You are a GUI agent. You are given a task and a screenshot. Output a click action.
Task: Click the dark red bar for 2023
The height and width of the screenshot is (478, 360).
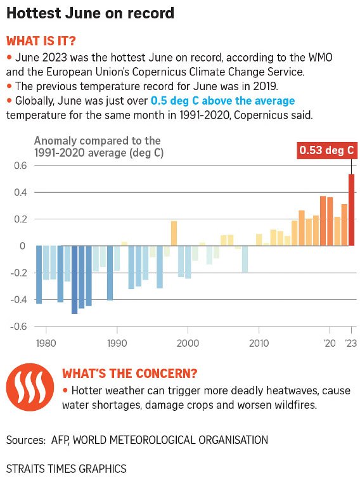point(351,210)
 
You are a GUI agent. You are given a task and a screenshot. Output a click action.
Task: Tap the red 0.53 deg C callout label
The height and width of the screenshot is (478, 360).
point(326,150)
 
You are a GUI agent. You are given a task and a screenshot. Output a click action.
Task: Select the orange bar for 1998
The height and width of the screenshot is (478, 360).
point(174,233)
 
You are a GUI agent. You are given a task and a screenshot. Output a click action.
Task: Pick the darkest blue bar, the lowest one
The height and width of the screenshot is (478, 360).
point(74,280)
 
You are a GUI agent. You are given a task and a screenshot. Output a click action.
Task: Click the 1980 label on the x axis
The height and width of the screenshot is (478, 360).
point(46,343)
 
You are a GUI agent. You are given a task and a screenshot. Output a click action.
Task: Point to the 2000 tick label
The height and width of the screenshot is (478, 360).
point(188,343)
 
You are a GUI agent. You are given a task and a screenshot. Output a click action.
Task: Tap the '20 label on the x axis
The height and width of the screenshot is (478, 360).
point(330,343)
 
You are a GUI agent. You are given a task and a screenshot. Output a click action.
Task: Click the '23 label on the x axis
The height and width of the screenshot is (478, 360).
point(351,343)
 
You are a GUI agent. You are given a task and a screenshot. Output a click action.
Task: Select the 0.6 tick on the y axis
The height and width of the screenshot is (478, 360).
point(21,165)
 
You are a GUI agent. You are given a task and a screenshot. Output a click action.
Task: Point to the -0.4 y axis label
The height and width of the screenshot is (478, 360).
point(18,300)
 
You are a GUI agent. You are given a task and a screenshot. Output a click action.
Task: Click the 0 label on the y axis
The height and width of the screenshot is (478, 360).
point(22,246)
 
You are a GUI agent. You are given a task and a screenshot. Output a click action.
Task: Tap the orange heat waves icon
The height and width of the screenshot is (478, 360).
point(30,387)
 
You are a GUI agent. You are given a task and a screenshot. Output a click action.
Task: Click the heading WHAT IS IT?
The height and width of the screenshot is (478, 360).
point(41,41)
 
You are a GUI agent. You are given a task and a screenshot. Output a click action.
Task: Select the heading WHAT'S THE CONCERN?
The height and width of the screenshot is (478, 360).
point(130,373)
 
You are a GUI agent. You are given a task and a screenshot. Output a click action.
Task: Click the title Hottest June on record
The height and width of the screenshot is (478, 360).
point(90,13)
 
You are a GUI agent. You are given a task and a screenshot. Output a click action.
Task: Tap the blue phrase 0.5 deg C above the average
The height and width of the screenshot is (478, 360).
point(223,101)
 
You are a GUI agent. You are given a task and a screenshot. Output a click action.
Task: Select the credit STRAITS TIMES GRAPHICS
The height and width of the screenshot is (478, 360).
point(66,468)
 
